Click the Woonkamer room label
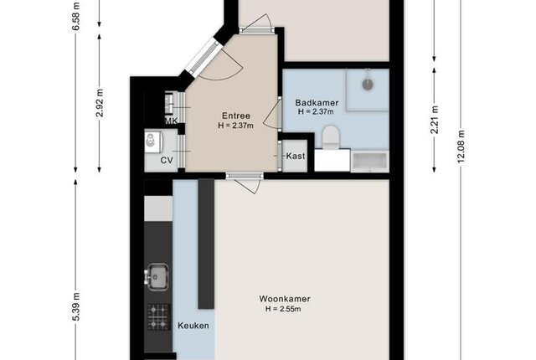click(285, 299)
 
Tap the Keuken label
click(193, 326)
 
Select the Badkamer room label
click(317, 103)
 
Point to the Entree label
click(236, 116)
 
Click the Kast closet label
click(296, 156)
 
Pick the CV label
click(167, 160)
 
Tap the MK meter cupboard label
click(171, 121)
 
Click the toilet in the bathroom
click(331, 137)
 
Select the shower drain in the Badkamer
click(368, 85)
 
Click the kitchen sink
click(157, 276)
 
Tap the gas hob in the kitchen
click(159, 316)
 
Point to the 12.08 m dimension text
click(461, 147)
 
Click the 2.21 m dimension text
click(435, 120)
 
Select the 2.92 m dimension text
click(100, 103)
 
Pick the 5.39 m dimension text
click(76, 306)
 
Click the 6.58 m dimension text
click(76, 16)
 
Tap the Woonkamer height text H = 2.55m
click(283, 309)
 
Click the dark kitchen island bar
click(206, 244)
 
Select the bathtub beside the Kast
click(370, 162)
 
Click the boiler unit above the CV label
click(152, 141)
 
